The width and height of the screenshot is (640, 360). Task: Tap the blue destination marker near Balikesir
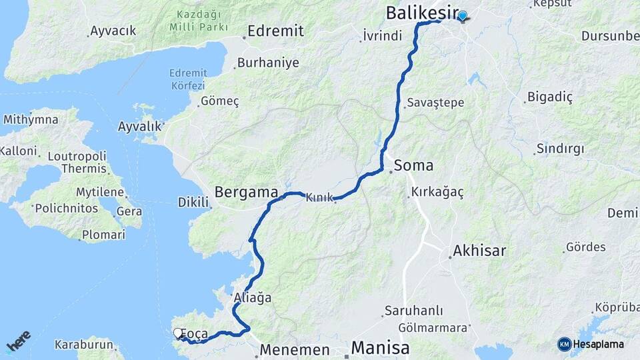462,15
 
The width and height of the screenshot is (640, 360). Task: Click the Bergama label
246,193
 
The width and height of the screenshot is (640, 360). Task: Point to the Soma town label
413,165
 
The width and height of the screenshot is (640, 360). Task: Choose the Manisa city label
379,348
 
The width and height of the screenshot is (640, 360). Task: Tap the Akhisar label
479,251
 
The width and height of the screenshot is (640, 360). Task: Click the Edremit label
275,31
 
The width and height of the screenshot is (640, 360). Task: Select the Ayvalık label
140,126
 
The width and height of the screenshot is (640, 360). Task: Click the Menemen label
295,350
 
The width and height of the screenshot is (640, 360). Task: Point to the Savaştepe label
435,103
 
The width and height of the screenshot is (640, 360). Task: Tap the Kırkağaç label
437,191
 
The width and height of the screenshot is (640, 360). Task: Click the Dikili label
193,202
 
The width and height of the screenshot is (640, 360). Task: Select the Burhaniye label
268,63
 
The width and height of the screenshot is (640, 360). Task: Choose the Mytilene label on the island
101,193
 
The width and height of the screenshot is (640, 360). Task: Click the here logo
19,341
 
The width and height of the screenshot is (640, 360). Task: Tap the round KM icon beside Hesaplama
564,344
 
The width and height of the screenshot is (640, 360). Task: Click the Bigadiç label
550,97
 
